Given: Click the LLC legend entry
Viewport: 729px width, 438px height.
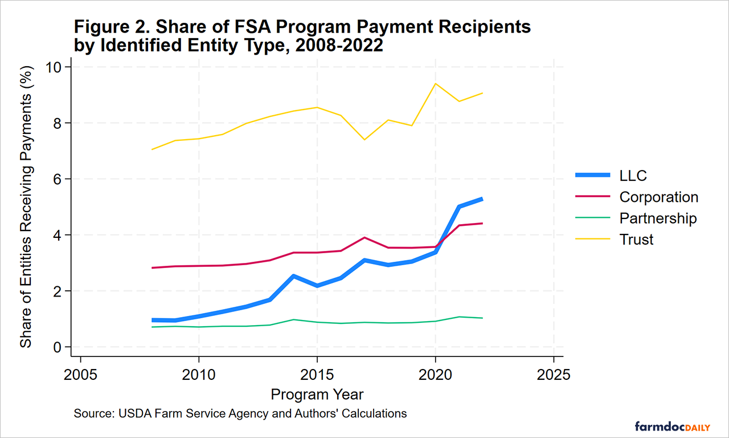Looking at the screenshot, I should (x=633, y=176).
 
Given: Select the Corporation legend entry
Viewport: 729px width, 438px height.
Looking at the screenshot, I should (x=658, y=197).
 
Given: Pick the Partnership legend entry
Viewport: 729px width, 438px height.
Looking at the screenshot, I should (x=658, y=218).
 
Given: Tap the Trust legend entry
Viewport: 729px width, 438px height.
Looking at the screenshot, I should (x=636, y=240).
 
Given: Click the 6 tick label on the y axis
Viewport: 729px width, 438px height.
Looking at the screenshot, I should (x=59, y=179).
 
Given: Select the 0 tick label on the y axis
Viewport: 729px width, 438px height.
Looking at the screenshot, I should (x=59, y=347).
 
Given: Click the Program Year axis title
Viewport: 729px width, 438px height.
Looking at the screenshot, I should (x=317, y=395).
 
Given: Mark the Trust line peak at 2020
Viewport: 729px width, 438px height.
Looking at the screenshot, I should (x=436, y=84).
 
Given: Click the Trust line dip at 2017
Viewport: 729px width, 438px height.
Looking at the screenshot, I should (x=364, y=139).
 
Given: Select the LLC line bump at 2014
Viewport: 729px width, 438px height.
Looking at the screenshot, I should (x=293, y=276).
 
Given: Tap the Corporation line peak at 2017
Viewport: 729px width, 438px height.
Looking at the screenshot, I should (x=364, y=237).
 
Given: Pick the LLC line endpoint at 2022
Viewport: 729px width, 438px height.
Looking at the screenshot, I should (x=483, y=199).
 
